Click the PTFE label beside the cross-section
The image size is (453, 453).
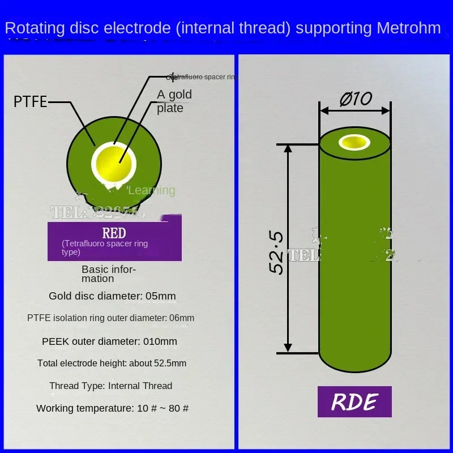31,102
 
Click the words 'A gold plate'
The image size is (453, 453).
174,101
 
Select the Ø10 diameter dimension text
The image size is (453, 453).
355,99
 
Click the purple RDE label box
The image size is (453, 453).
354,401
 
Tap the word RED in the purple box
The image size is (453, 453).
114,233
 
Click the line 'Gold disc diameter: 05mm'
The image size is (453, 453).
112,296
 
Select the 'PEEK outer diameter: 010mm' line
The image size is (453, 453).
109,341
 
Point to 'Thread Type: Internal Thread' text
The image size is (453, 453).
110,386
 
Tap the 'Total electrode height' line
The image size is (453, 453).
112,363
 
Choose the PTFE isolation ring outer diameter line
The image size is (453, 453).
110,318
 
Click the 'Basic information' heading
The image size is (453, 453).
109,273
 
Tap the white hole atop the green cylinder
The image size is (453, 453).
354,142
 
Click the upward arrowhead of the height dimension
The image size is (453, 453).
288,149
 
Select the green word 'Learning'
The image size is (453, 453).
152,190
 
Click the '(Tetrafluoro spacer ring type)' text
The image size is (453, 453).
105,247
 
